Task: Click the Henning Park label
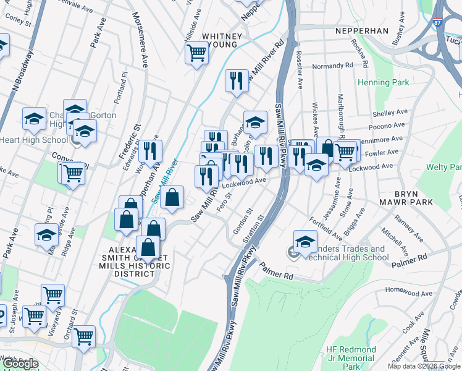tap(382, 82)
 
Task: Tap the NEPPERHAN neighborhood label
tap(361, 30)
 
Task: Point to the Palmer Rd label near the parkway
tap(275, 271)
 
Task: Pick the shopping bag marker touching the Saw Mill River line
tap(172, 197)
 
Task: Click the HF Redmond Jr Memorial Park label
tap(351, 358)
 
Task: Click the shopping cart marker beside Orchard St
tap(83, 336)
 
